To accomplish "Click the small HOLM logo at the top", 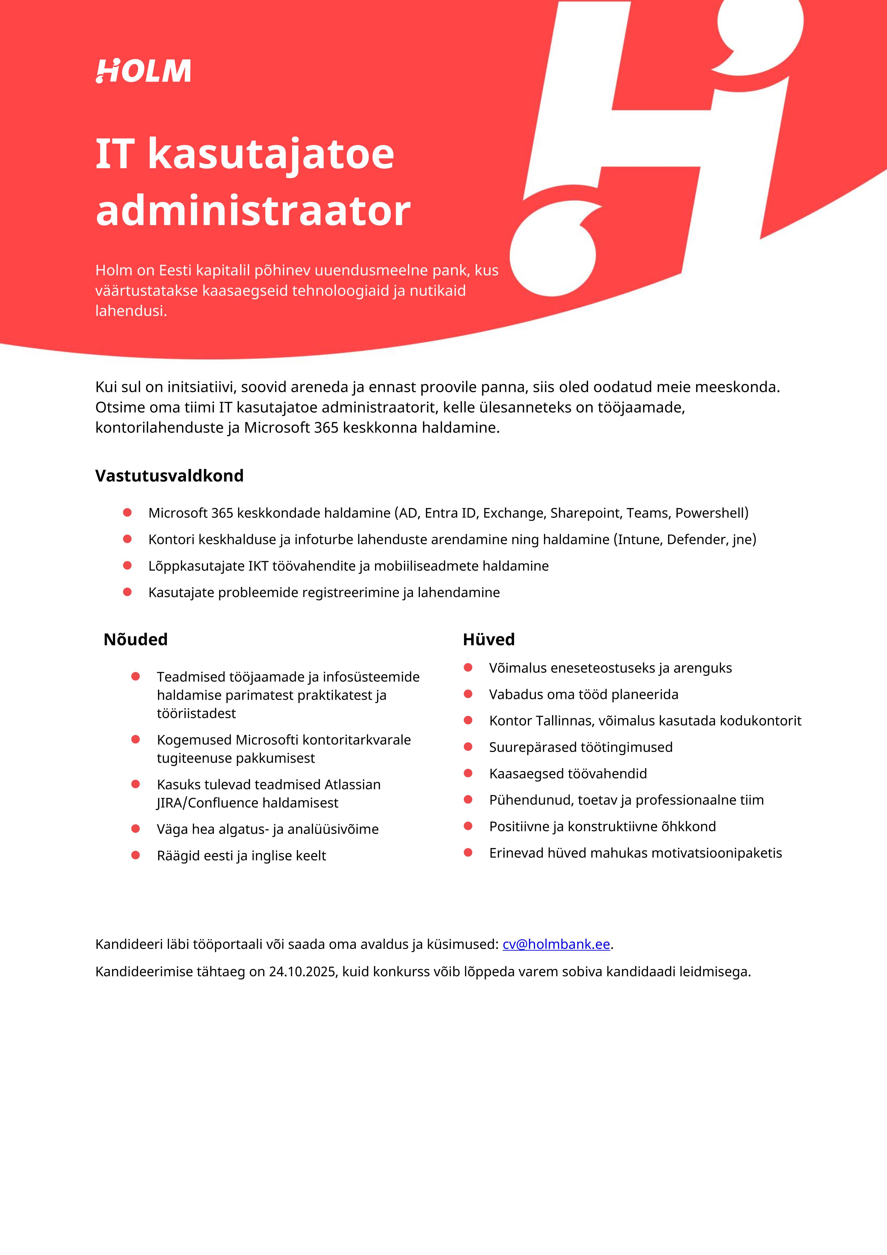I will [143, 71].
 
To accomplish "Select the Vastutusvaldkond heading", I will [169, 476].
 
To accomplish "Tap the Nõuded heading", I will [136, 639].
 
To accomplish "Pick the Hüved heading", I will [489, 639].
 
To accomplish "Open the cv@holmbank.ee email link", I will [556, 944].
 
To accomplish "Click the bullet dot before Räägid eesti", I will [136, 855].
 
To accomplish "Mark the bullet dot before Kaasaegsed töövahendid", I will [468, 773].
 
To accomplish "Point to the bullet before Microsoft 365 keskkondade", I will [127, 512].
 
